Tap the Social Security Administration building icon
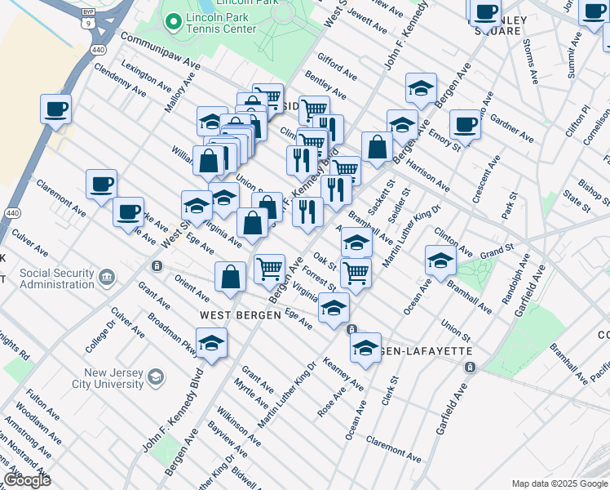point(107,278)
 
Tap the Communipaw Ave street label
point(160,51)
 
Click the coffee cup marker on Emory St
point(465,125)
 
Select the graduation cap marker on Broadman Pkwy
point(211,343)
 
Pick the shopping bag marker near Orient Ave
point(231,277)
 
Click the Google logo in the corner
point(27,480)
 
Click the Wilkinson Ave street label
point(244,429)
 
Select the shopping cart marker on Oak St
point(356,273)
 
